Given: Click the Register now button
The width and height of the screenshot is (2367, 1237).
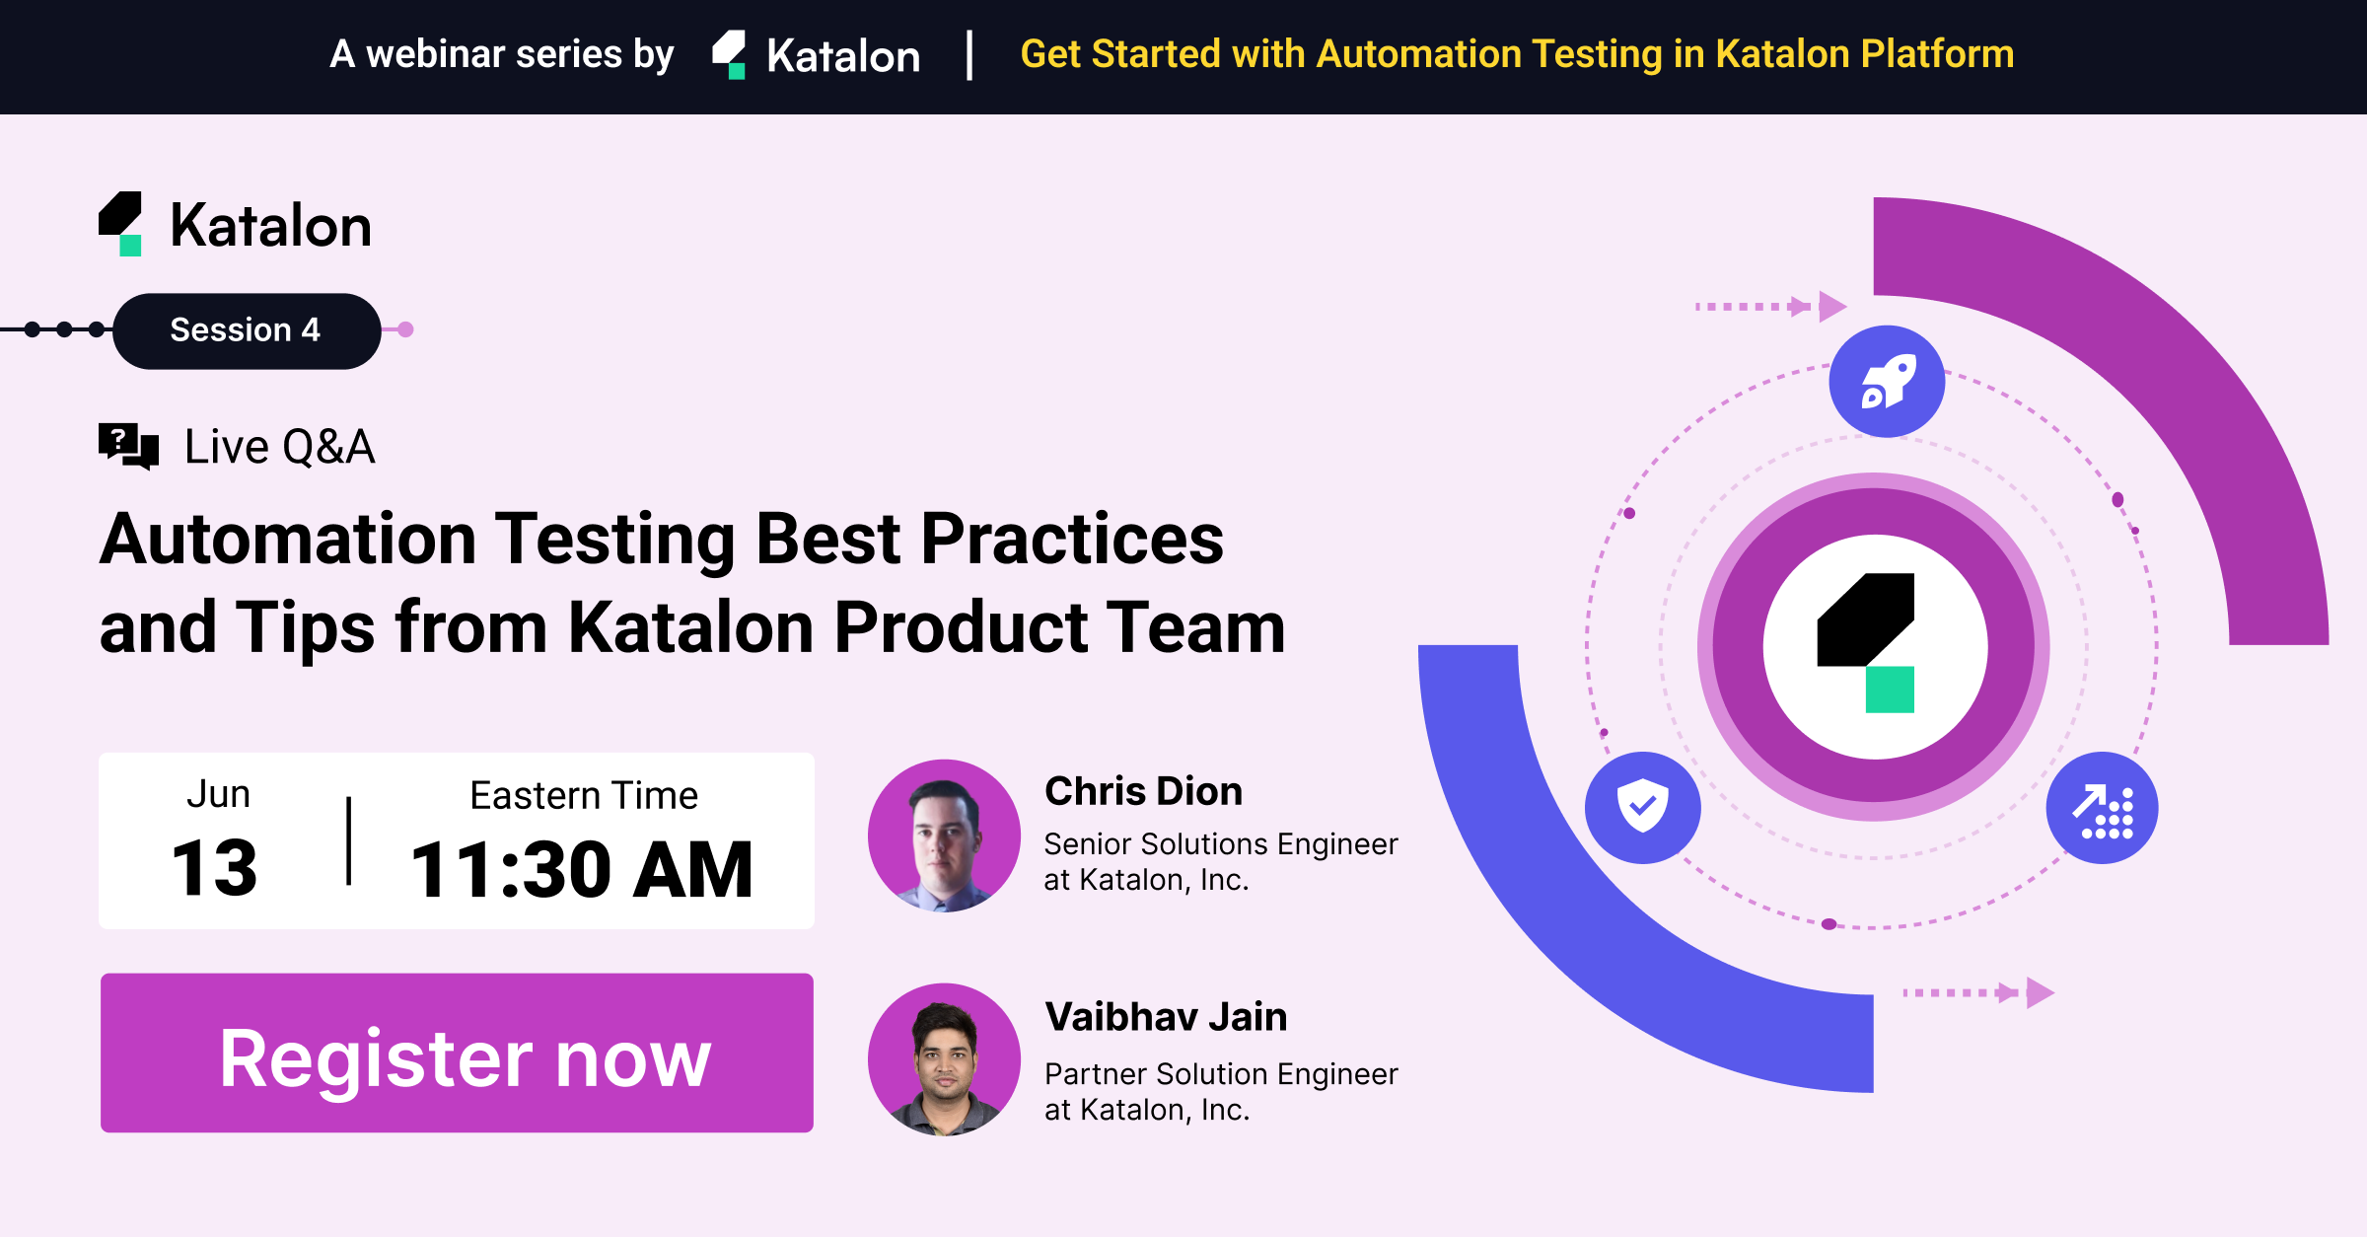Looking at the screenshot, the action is [457, 1053].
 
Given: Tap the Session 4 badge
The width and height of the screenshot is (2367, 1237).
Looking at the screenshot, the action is [247, 330].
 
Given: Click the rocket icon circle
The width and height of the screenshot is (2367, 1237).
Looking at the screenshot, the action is [1887, 381].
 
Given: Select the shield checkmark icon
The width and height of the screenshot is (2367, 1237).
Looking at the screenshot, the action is [1643, 807].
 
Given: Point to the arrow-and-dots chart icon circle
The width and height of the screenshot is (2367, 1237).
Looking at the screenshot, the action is [2102, 808].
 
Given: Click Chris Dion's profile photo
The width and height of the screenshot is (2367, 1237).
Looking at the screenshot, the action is [944, 836].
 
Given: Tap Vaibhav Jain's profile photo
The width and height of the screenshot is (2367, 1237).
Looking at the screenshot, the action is [944, 1059].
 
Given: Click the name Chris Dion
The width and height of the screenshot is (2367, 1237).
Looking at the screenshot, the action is [1143, 791].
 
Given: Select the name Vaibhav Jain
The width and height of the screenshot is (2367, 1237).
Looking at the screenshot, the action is [1166, 1016].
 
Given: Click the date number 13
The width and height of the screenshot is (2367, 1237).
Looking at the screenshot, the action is [214, 869].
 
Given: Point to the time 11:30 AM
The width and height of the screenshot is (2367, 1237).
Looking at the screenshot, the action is [582, 870].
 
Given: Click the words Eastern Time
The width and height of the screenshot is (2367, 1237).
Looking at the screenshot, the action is [584, 795].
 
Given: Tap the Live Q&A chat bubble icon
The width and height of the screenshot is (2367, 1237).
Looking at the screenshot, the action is [128, 447].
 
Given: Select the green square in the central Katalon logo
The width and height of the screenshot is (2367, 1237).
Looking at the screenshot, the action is [1890, 690].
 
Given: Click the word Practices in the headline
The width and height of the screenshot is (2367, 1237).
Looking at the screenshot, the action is [1072, 540].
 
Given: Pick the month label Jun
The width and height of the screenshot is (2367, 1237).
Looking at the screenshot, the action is [218, 794].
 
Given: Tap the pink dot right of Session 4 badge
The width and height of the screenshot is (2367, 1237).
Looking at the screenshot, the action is [405, 329].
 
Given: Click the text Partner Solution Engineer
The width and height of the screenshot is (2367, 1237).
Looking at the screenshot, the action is [1221, 1073].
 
